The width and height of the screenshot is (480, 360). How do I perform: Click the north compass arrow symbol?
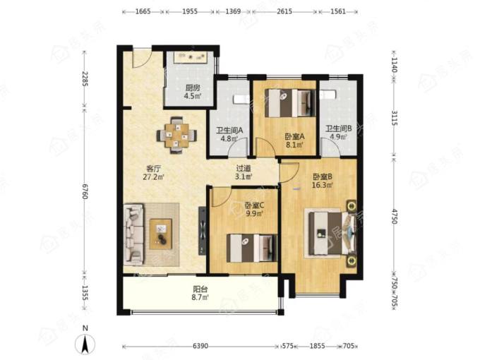[x=85, y=344]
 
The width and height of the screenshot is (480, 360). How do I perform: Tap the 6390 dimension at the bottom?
[x=200, y=346]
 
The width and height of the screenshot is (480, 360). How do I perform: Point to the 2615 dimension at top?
[x=284, y=11]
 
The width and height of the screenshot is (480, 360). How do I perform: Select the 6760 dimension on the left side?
[x=85, y=191]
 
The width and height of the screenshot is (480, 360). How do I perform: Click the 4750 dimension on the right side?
[x=395, y=217]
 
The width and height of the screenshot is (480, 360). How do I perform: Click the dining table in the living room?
[x=176, y=135]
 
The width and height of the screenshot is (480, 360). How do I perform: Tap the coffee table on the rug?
[x=161, y=234]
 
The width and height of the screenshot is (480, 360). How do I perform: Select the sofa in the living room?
[x=134, y=234]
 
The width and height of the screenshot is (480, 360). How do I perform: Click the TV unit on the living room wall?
[x=203, y=232]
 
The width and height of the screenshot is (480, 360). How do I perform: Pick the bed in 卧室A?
[x=289, y=103]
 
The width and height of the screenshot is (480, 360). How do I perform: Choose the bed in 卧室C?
[x=251, y=248]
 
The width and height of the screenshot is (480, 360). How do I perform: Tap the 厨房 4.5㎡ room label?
[x=192, y=92]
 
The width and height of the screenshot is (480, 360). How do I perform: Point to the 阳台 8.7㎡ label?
[x=200, y=293]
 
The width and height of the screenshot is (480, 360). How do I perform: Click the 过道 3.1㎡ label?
[x=244, y=172]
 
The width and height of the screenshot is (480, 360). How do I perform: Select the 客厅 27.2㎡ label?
[x=153, y=173]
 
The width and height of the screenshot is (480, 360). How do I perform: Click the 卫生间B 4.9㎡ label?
[x=338, y=133]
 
